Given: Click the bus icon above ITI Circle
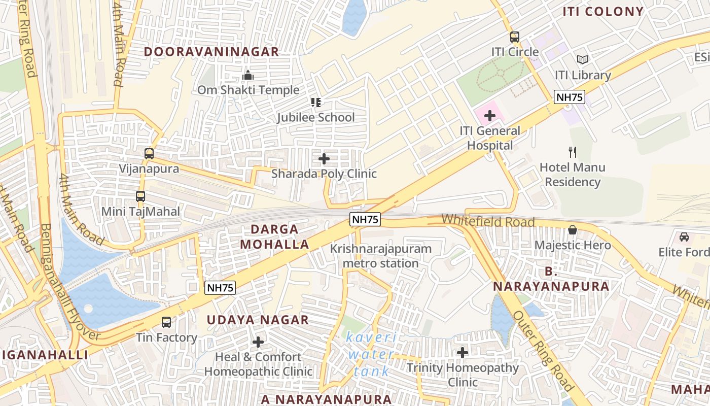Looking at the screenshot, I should click(x=515, y=37).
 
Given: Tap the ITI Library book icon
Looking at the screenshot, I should click(x=583, y=60).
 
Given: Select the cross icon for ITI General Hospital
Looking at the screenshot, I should click(x=489, y=116).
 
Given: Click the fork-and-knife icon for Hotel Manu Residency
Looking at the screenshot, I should click(x=573, y=152).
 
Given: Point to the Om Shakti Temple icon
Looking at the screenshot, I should click(x=248, y=75).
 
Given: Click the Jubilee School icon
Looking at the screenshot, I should click(x=316, y=103).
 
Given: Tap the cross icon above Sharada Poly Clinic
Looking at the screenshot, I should click(x=324, y=159).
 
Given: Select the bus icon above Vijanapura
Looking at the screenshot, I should click(x=149, y=154).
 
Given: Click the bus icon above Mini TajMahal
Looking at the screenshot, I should click(x=140, y=196).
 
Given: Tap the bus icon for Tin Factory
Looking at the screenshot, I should click(x=166, y=322).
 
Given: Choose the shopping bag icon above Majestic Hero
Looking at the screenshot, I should click(x=573, y=230).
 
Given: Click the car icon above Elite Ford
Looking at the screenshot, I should click(x=684, y=237).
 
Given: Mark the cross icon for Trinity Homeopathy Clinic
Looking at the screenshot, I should click(x=463, y=352).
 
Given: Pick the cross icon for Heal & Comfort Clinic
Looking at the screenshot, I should click(x=258, y=342).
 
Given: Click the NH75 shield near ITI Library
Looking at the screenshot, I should click(x=570, y=97).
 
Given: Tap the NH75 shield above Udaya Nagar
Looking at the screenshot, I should click(x=221, y=288).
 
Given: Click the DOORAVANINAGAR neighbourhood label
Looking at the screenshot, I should click(x=211, y=52).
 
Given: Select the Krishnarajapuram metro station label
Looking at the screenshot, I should click(x=381, y=256).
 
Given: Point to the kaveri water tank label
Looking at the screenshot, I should click(x=372, y=354).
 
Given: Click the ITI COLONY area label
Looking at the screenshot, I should click(x=603, y=12).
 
